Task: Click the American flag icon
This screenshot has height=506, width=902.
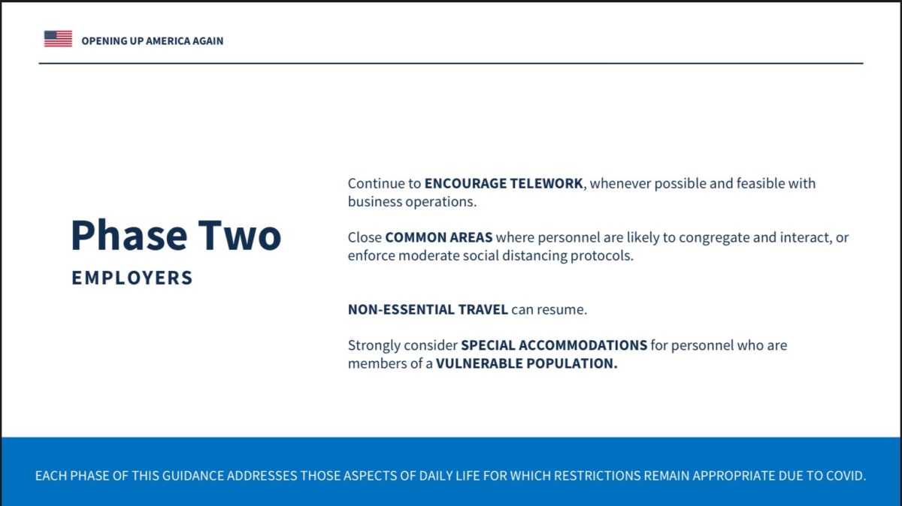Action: coord(58,38)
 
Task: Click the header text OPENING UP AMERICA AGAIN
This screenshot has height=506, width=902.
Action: coord(152,41)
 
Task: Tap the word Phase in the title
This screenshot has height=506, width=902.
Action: coord(129,235)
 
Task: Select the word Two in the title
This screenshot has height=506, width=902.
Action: coord(240,235)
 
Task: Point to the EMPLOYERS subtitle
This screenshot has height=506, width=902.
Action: coord(132,278)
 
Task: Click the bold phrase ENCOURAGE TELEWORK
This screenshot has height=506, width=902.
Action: coord(504,183)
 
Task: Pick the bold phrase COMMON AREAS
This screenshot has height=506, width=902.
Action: coord(438,237)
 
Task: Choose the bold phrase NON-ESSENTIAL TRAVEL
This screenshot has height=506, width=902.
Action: coord(428,309)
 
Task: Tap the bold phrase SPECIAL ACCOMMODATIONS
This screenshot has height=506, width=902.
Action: coord(554,345)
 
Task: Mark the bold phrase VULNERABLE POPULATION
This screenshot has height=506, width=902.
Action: coord(526,363)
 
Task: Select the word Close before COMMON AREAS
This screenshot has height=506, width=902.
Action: coord(365,237)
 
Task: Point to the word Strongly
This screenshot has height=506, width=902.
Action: coord(374,345)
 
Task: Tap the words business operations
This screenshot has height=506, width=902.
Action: coord(412,201)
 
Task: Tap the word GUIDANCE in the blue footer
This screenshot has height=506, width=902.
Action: coord(193,476)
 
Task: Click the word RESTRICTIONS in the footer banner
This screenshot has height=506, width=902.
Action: coord(597,476)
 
